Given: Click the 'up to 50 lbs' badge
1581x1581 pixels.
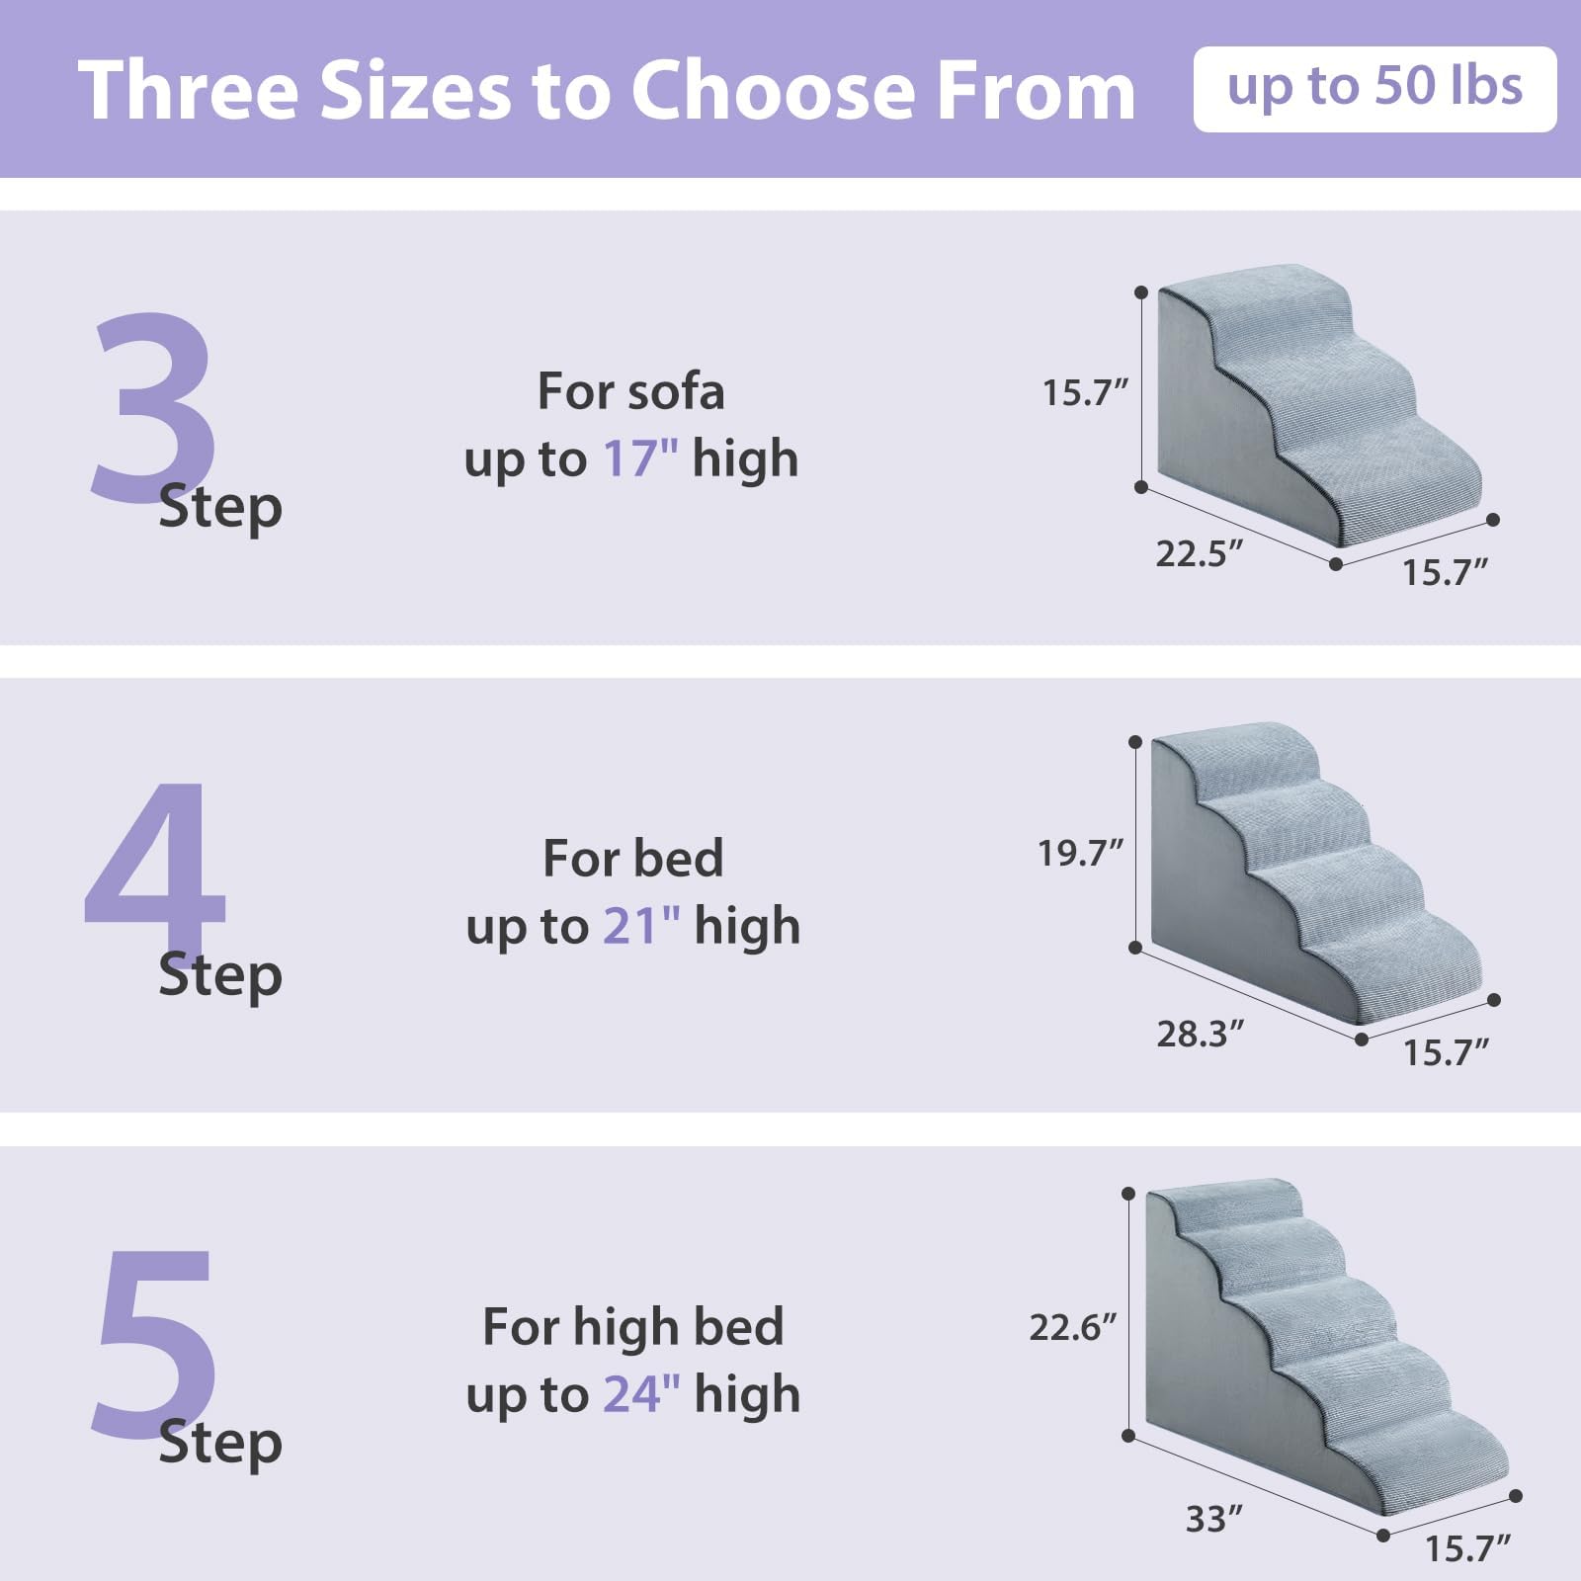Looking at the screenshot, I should click(x=1373, y=89).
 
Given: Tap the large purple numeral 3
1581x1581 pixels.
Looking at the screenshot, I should click(x=153, y=405).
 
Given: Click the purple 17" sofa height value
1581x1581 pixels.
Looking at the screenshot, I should click(x=640, y=458).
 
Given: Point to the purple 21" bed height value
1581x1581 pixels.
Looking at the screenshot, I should click(x=641, y=926).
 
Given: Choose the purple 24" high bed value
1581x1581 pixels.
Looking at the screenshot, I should click(x=641, y=1394).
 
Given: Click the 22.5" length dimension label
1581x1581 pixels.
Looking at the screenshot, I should click(x=1199, y=554).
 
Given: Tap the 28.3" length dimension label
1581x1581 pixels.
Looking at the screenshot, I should click(x=1200, y=1035).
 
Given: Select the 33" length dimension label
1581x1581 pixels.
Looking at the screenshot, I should click(x=1213, y=1519).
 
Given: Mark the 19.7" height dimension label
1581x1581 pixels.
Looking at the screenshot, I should click(x=1080, y=853).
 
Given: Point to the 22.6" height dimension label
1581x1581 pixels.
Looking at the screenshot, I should click(x=1072, y=1327).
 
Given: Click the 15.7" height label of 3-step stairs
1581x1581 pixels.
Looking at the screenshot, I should click(x=1084, y=393).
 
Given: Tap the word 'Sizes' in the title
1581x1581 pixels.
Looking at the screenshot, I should click(x=416, y=91).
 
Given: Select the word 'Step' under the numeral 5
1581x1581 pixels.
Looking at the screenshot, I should click(x=220, y=1443).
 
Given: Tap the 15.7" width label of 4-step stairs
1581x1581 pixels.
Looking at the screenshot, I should click(x=1446, y=1053).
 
